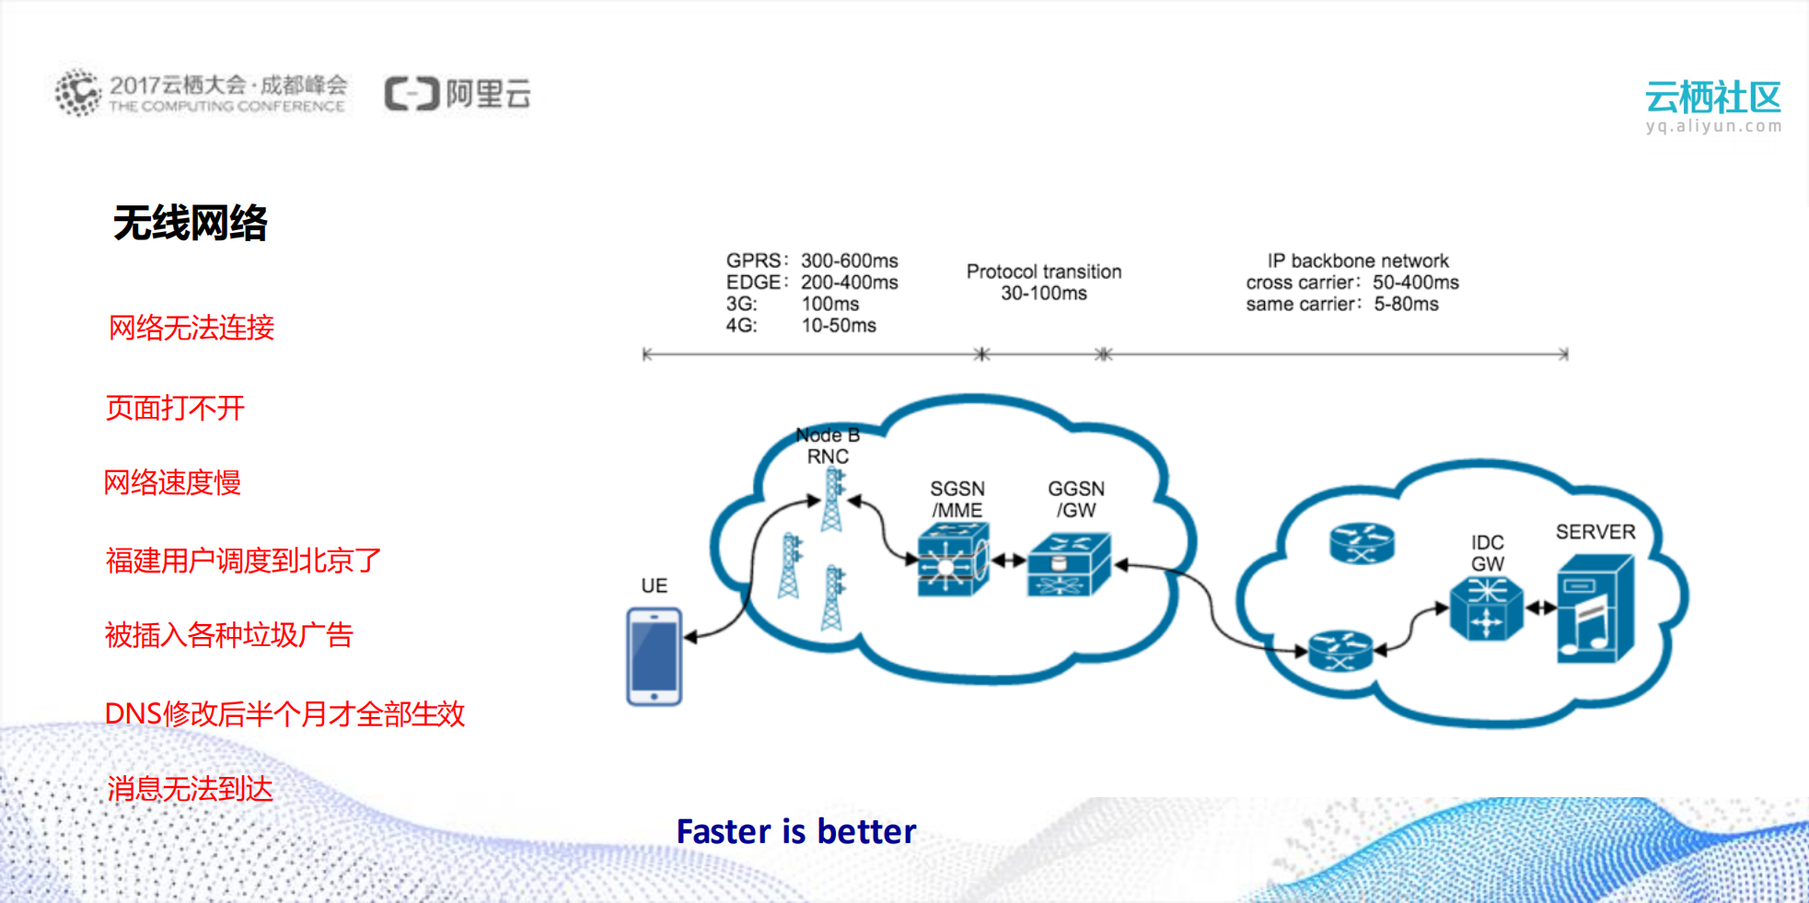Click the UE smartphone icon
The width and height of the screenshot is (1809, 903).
click(654, 656)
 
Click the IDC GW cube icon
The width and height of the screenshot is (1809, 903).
click(1485, 608)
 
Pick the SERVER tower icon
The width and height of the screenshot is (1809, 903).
click(1594, 608)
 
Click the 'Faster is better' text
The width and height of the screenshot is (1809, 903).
click(796, 831)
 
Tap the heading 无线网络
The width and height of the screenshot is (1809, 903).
click(190, 223)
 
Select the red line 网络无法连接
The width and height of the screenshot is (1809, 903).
click(191, 328)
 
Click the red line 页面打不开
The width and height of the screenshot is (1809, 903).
click(175, 408)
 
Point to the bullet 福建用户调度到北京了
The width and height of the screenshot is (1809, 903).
click(243, 560)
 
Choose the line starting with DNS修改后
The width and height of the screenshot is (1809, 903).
click(284, 713)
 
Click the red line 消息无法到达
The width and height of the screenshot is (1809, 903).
click(190, 789)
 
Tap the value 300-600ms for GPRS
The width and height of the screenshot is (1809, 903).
click(849, 260)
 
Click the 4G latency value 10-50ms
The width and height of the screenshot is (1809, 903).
click(838, 325)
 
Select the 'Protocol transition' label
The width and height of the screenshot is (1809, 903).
click(1043, 272)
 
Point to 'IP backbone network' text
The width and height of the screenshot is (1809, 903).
click(1357, 260)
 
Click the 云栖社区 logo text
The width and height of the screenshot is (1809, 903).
click(1712, 98)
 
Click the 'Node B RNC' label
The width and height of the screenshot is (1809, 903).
click(828, 446)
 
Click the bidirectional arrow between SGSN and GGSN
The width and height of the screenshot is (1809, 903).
click(1008, 560)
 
